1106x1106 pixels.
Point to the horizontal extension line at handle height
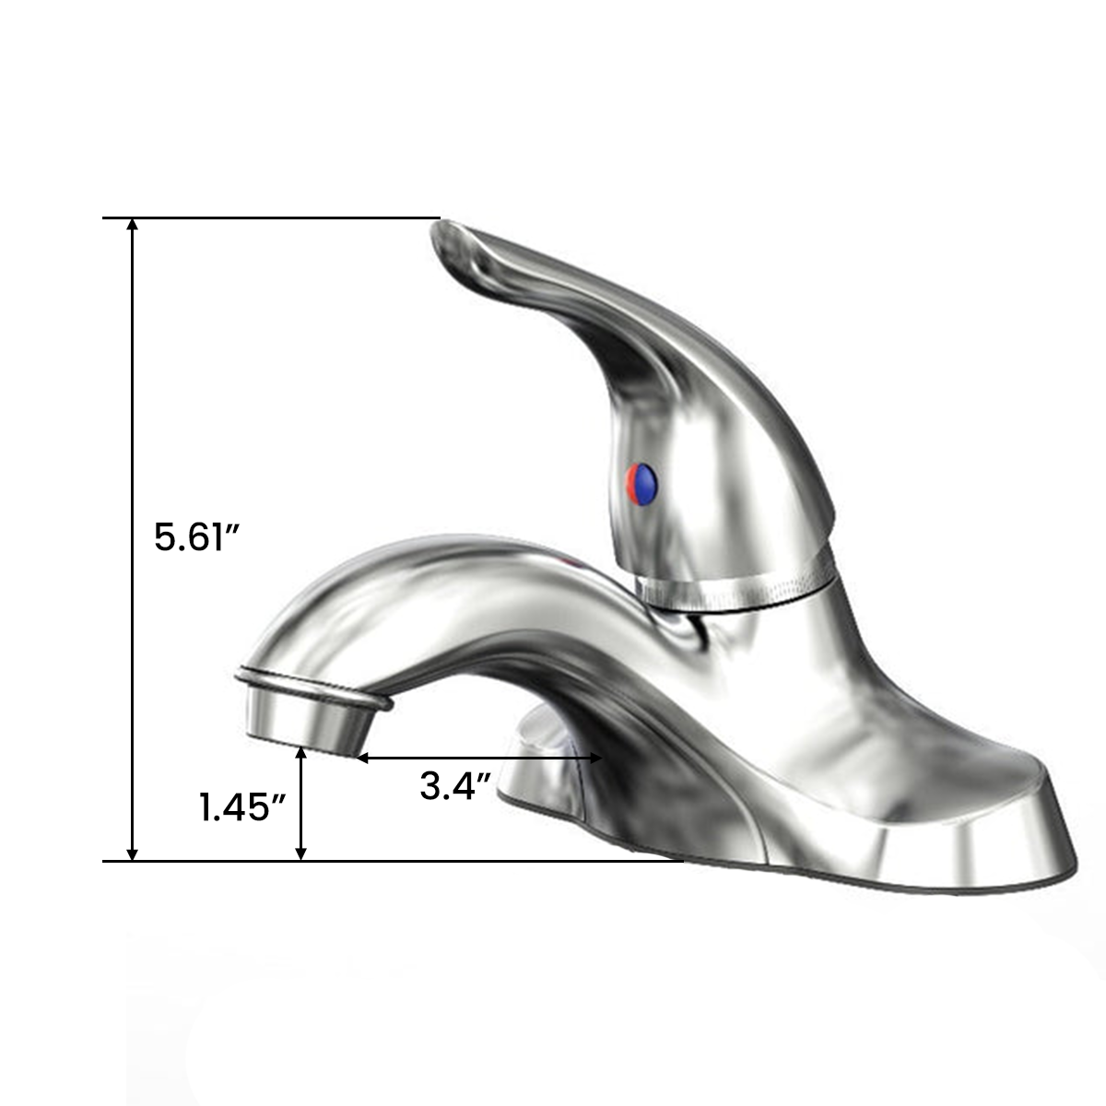(276, 218)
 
